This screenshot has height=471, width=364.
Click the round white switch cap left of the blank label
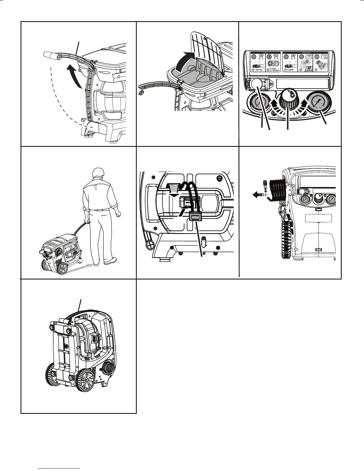(256, 85)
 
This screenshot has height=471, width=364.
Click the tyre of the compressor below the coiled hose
(286, 235)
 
